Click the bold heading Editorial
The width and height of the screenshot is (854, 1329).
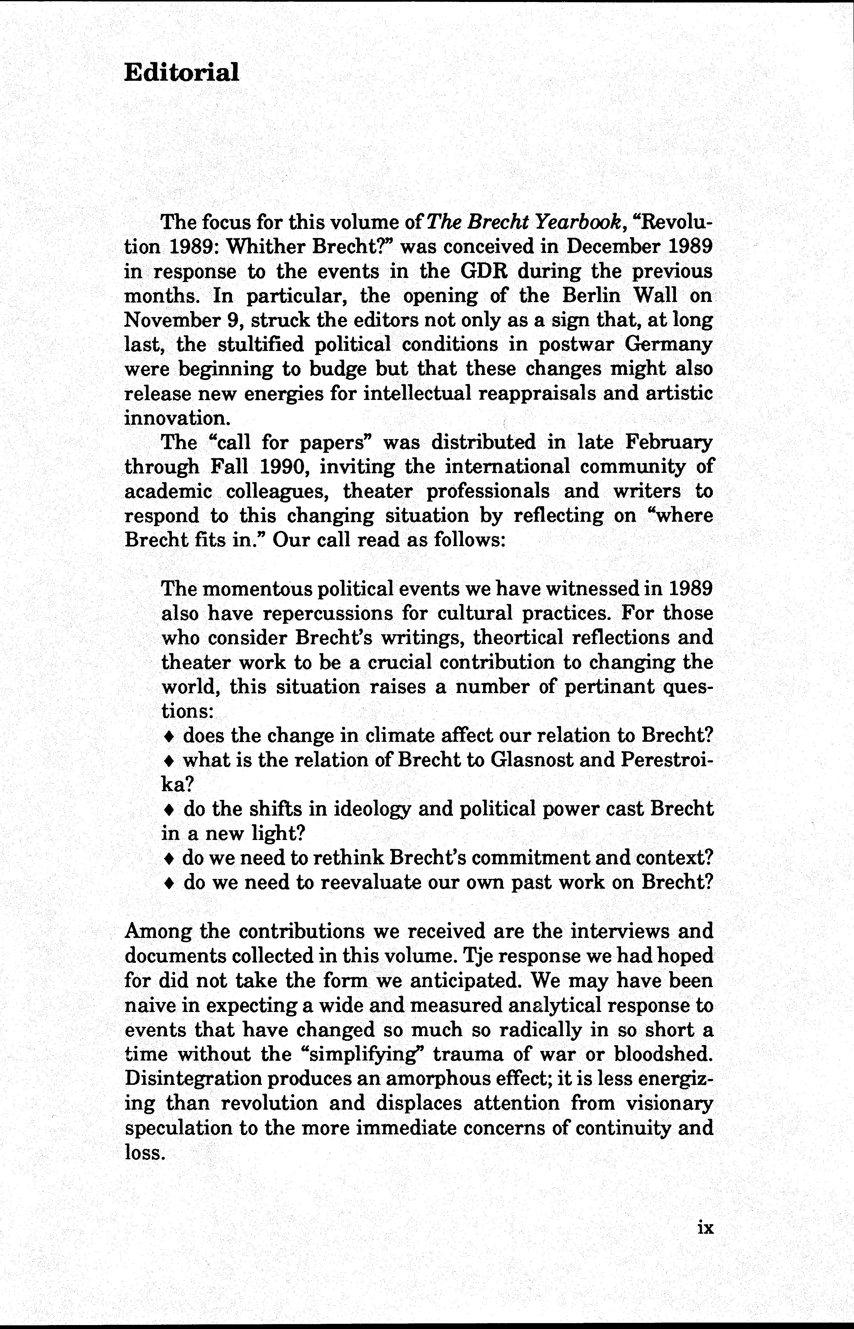(181, 72)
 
